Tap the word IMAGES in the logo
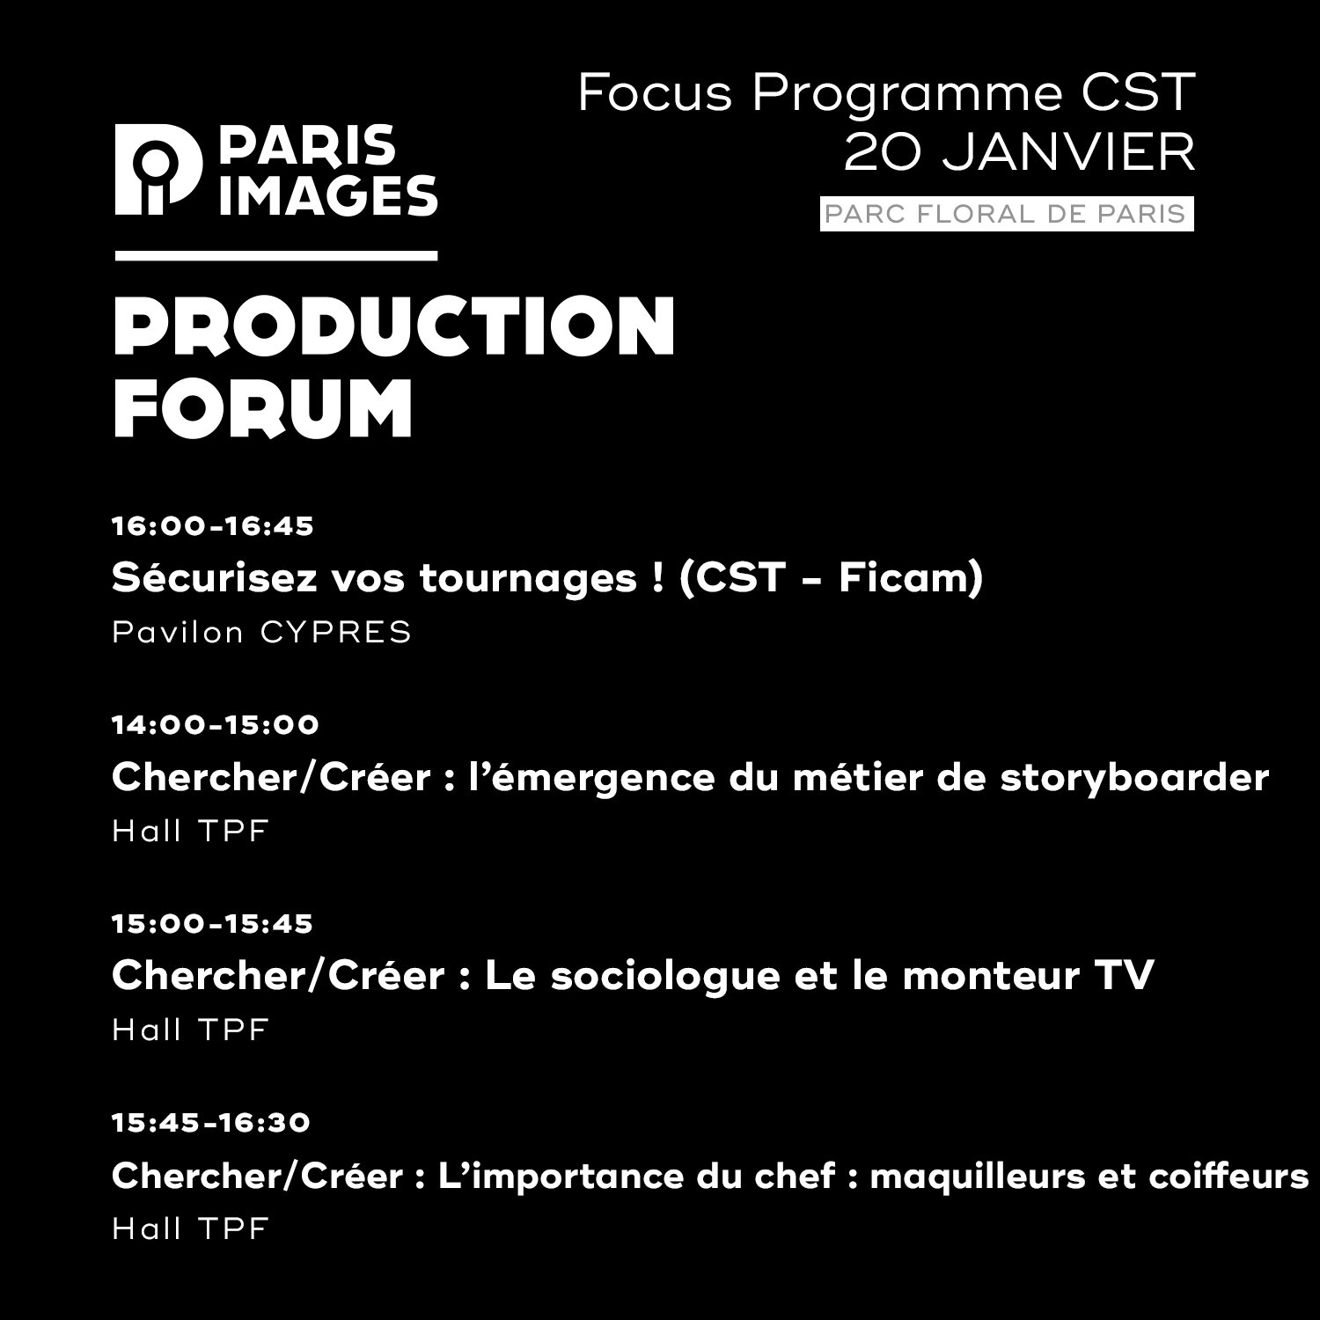tap(328, 195)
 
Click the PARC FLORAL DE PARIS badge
tap(1007, 214)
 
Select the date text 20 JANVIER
tap(1020, 153)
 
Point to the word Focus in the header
tap(655, 93)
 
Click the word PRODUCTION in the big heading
tap(394, 326)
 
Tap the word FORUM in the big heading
tap(263, 408)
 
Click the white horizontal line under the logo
tap(276, 256)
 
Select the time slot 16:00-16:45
tap(213, 526)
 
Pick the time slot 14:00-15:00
tap(216, 725)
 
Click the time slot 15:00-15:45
tap(212, 924)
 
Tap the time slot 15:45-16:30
tap(211, 1123)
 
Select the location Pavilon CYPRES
tap(262, 632)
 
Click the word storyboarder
tap(1134, 778)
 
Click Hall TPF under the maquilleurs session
tap(190, 1228)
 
